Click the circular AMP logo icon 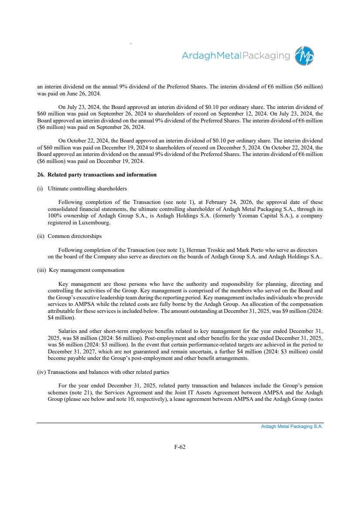click(304, 56)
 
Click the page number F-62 click(180, 446)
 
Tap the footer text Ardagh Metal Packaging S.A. click(292, 426)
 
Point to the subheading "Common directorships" click(74, 236)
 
